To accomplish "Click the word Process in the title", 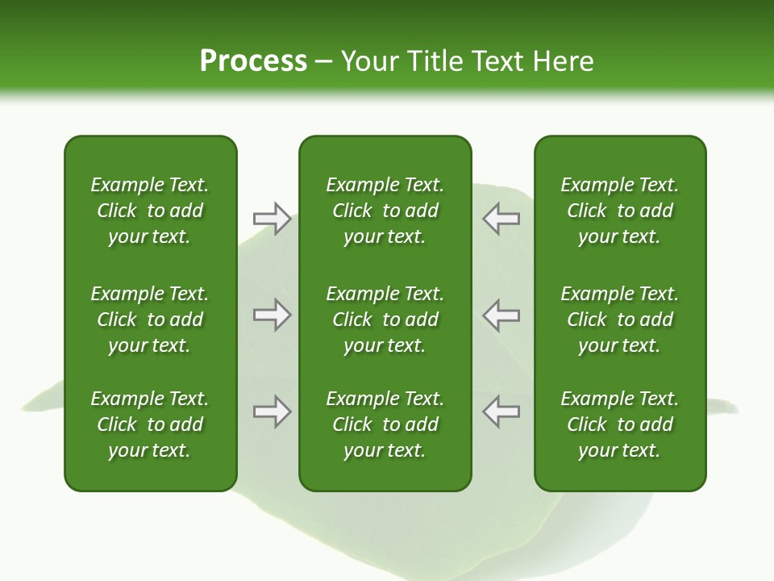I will coord(253,61).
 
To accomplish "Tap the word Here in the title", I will coord(563,61).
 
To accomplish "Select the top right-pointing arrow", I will coord(273,219).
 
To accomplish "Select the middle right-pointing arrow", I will coord(273,315).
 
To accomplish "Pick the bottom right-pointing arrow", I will coord(273,412).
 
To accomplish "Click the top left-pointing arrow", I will coord(501,219).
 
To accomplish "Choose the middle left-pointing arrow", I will coord(501,315).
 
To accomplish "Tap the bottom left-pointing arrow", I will coord(501,412).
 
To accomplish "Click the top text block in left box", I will coord(150,211).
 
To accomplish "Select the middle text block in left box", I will coord(150,320).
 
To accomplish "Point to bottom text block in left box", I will coord(150,424).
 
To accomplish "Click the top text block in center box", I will coord(385,211).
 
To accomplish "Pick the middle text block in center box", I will coord(385,320).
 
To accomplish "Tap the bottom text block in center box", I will coord(385,424).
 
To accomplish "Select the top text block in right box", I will coord(620,211).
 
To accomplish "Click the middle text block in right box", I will coord(620,320).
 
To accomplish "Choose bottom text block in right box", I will coord(620,424).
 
